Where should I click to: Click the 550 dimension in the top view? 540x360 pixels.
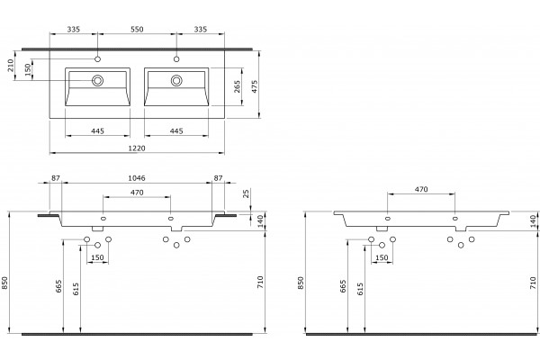[137, 30]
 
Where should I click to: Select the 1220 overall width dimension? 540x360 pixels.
[137, 148]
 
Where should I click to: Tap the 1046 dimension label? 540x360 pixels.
[137, 178]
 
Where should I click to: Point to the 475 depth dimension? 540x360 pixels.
[255, 87]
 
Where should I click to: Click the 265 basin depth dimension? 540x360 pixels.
[237, 86]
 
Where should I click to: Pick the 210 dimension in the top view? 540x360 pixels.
[11, 66]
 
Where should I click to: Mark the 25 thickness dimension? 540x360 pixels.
[246, 193]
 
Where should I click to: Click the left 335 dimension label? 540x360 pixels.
[74, 30]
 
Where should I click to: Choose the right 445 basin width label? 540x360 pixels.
[176, 130]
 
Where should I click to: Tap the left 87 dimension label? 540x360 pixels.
[56, 178]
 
